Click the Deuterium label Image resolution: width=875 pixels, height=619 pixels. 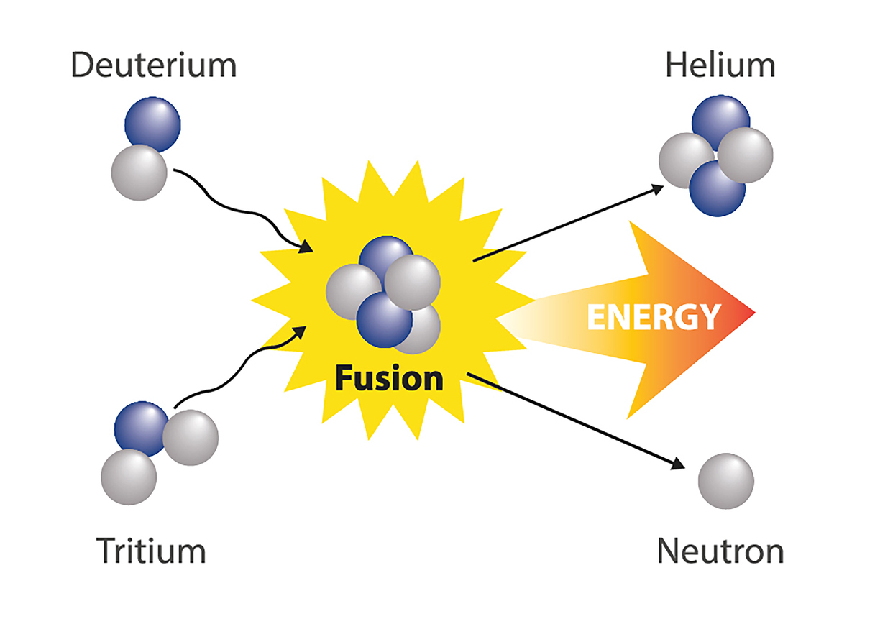click(x=153, y=65)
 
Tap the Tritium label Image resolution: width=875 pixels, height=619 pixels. click(x=151, y=551)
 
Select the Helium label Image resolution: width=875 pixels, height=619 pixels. click(x=720, y=65)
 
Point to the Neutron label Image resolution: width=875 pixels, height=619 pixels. click(x=720, y=552)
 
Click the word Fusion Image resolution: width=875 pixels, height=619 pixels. click(x=389, y=378)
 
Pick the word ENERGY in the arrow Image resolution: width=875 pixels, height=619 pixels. click(x=653, y=316)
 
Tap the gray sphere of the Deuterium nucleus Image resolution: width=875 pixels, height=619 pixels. click(x=139, y=173)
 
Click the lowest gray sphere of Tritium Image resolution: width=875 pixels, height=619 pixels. click(x=128, y=477)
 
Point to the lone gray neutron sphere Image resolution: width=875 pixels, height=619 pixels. click(x=726, y=480)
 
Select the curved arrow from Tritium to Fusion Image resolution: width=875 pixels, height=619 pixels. click(x=237, y=374)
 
